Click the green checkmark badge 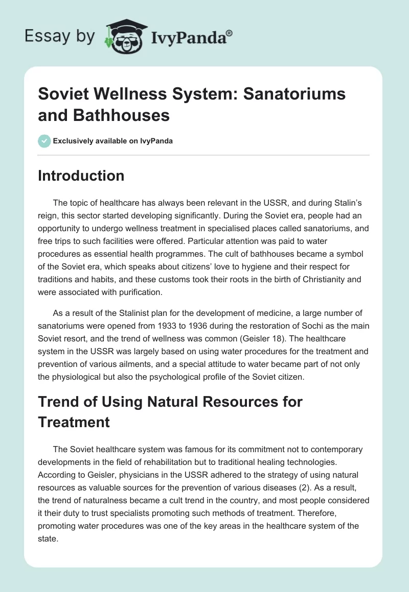coord(44,141)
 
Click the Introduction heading coord(81,176)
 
